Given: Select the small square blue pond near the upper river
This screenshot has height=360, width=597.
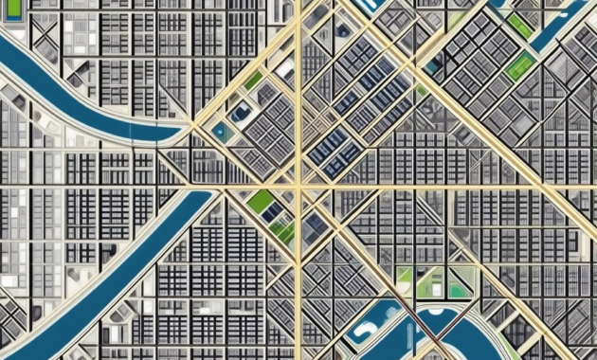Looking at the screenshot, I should tap(220, 132).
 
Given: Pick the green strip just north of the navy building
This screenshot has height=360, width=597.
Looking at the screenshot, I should tap(252, 81).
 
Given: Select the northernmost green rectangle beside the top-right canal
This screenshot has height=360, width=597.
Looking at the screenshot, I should tap(519, 26).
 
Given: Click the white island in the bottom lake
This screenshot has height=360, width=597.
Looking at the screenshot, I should tap(363, 333).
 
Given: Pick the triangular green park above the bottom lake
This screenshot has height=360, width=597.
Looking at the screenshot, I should tap(459, 284).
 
